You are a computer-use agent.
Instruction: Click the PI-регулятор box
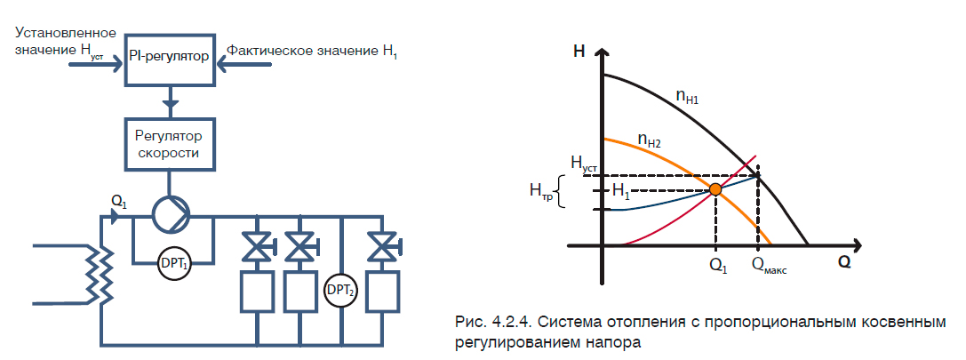coord(169,58)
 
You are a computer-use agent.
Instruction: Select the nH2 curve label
coord(649,140)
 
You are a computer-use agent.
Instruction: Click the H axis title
coord(579,51)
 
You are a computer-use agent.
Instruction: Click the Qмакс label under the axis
coord(769,264)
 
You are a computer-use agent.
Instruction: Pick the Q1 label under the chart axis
coord(718,264)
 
